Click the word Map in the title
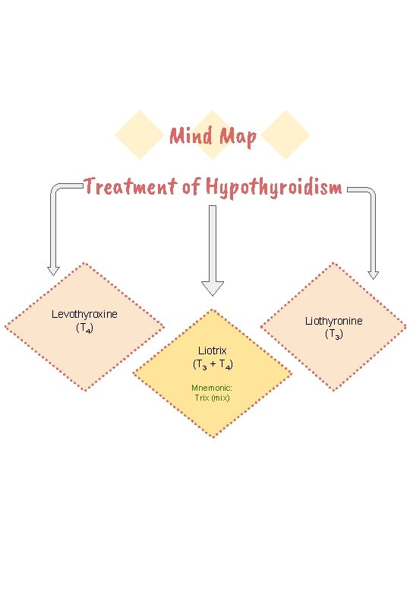(x=237, y=138)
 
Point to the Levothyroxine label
(x=84, y=313)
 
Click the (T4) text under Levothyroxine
(x=84, y=328)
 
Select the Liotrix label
(x=213, y=350)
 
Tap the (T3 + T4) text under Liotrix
(x=213, y=365)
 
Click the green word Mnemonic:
(x=212, y=388)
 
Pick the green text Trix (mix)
(x=212, y=398)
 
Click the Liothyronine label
(x=334, y=320)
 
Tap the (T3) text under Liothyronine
(x=334, y=335)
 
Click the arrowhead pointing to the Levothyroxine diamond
(x=53, y=269)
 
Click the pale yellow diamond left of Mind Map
(x=139, y=135)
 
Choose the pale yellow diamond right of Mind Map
(x=287, y=135)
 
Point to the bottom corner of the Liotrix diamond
(x=213, y=438)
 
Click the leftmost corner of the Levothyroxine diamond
(x=5, y=327)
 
